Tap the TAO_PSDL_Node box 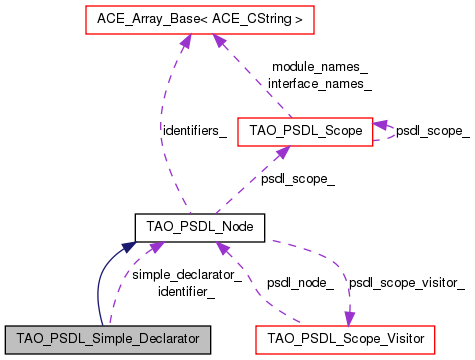pyautogui.click(x=200, y=228)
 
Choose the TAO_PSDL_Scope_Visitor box pyautogui.click(x=346, y=339)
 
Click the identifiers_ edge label pyautogui.click(x=193, y=130)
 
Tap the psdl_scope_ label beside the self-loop pyautogui.click(x=432, y=130)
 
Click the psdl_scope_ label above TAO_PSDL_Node pyautogui.click(x=297, y=179)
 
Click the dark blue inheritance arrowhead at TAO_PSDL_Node pyautogui.click(x=129, y=246)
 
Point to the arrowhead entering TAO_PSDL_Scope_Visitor pyautogui.click(x=349, y=318)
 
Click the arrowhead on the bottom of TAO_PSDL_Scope pyautogui.click(x=284, y=152)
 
